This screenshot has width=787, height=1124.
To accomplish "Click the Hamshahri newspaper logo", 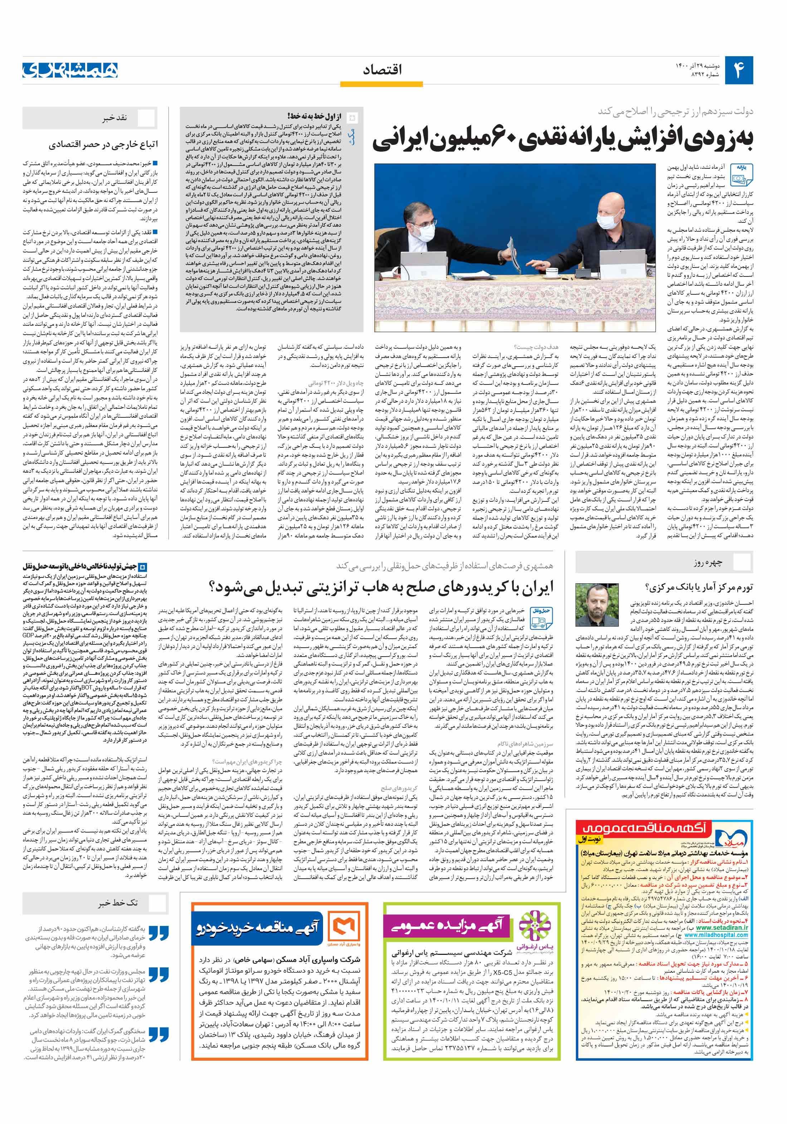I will coord(70,70).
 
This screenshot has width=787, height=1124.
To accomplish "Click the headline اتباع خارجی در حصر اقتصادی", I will coord(103,144).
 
